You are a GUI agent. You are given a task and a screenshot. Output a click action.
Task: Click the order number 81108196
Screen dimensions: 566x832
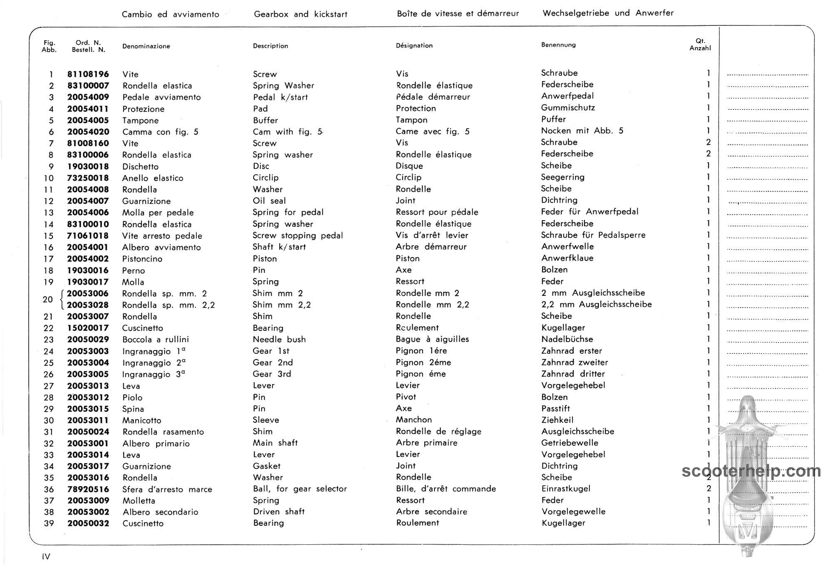point(88,74)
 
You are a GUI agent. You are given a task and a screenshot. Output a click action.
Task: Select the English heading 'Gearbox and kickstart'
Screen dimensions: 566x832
point(300,14)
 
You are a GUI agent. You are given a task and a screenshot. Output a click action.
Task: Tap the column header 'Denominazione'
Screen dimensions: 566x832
point(146,46)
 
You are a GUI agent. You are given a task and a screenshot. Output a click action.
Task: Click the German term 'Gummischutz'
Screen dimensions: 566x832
point(568,108)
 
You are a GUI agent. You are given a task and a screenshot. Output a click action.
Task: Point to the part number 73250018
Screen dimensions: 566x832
point(88,178)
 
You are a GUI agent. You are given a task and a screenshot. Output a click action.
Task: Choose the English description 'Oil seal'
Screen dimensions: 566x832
point(269,201)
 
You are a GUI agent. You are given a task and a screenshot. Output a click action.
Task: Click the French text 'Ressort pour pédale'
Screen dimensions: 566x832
point(437,212)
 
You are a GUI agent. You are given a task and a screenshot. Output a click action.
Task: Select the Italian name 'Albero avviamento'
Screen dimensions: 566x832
point(161,247)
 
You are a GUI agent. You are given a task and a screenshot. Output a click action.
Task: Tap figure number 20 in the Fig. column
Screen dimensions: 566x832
point(48,299)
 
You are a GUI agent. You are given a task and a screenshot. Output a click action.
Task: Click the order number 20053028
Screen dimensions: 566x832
point(88,305)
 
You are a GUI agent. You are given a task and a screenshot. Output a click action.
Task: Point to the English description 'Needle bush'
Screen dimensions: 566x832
point(279,339)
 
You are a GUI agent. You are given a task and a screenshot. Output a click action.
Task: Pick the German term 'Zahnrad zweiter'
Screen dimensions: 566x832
point(574,362)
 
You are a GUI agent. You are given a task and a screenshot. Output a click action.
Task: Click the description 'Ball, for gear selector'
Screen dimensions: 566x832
point(300,489)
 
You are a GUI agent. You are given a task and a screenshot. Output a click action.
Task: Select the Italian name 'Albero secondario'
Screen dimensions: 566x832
point(160,512)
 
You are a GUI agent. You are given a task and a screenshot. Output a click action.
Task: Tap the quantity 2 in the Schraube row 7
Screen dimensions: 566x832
point(708,142)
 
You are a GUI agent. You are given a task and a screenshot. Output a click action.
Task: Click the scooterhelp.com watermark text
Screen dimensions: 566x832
point(751,471)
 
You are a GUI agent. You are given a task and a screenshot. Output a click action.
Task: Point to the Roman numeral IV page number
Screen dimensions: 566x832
point(46,556)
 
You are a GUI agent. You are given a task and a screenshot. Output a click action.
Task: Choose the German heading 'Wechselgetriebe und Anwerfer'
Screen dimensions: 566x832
point(608,13)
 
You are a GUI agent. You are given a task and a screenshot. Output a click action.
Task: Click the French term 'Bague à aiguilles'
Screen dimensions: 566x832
point(432,339)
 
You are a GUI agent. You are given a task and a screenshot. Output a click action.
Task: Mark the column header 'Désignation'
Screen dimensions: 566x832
point(414,45)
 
